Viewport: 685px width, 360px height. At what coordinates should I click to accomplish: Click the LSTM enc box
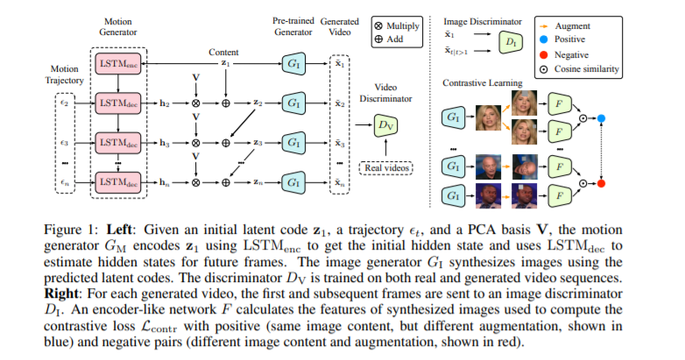117,65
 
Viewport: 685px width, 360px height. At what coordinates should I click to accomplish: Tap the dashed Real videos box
385,166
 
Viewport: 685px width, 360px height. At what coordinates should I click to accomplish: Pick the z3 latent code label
258,142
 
